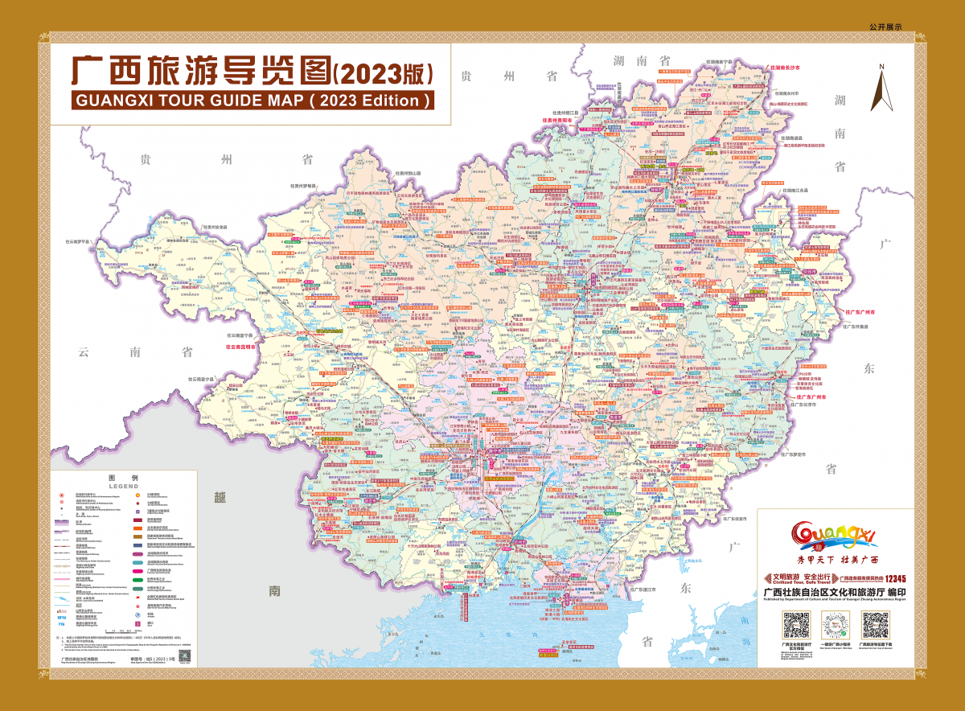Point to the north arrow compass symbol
[881, 88]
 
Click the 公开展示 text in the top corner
[885, 27]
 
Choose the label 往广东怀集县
[860, 327]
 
